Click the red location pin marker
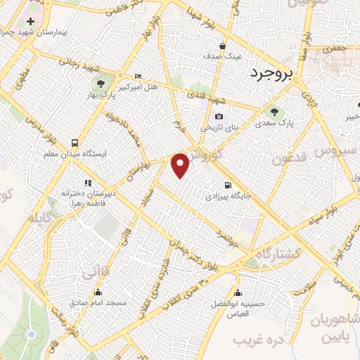click(181, 165)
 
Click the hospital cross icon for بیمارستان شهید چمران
click(30, 22)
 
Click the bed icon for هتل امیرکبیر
click(138, 76)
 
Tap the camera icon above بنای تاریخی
click(219, 117)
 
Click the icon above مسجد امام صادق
click(97, 292)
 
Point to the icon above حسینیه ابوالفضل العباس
click(238, 292)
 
